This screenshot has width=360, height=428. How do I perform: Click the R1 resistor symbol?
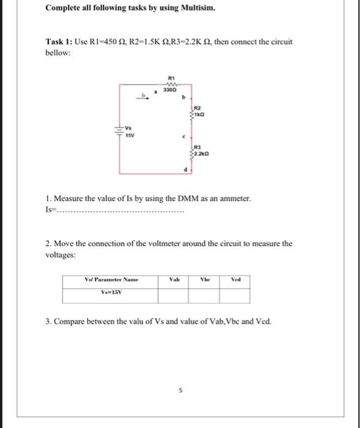click(172, 84)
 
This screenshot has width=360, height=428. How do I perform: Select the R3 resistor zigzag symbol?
click(191, 150)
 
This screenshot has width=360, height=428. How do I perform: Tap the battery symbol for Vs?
click(120, 131)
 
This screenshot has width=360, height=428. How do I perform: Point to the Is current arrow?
click(144, 94)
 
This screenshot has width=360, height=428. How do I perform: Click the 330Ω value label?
click(172, 90)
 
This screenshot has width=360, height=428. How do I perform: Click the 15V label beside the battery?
click(130, 135)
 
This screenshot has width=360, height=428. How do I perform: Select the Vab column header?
click(173, 279)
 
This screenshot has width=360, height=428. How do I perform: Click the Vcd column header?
click(235, 279)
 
